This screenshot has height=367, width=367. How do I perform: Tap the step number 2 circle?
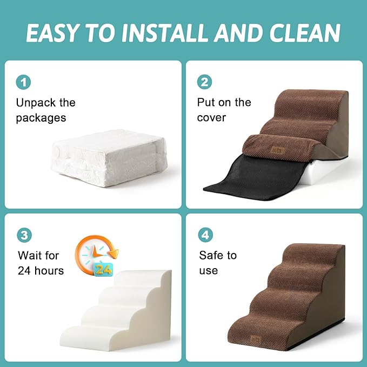click(x=205, y=82)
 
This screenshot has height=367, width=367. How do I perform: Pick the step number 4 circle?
click(x=206, y=235)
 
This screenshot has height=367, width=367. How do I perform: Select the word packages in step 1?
click(x=41, y=118)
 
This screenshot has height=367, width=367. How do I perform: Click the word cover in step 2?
click(x=211, y=118)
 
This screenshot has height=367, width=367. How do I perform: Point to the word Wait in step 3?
click(x=30, y=255)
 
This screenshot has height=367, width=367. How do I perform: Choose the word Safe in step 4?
click(x=211, y=255)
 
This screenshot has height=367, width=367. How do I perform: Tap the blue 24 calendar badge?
click(x=104, y=269)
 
